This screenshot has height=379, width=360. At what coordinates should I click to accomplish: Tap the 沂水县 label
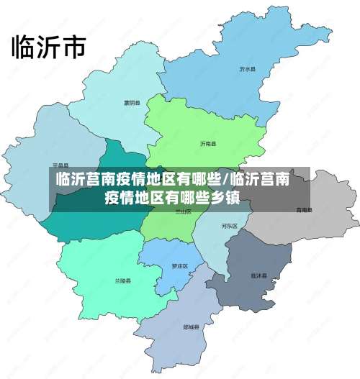pyautogui.click(x=248, y=70)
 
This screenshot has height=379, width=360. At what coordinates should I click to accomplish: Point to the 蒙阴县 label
pyautogui.click(x=131, y=102)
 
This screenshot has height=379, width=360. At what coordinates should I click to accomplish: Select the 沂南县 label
pyautogui.click(x=208, y=144)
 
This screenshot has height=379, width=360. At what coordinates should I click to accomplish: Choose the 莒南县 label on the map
pyautogui.click(x=304, y=210)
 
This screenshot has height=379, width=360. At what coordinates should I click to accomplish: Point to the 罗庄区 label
pyautogui.click(x=179, y=266)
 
